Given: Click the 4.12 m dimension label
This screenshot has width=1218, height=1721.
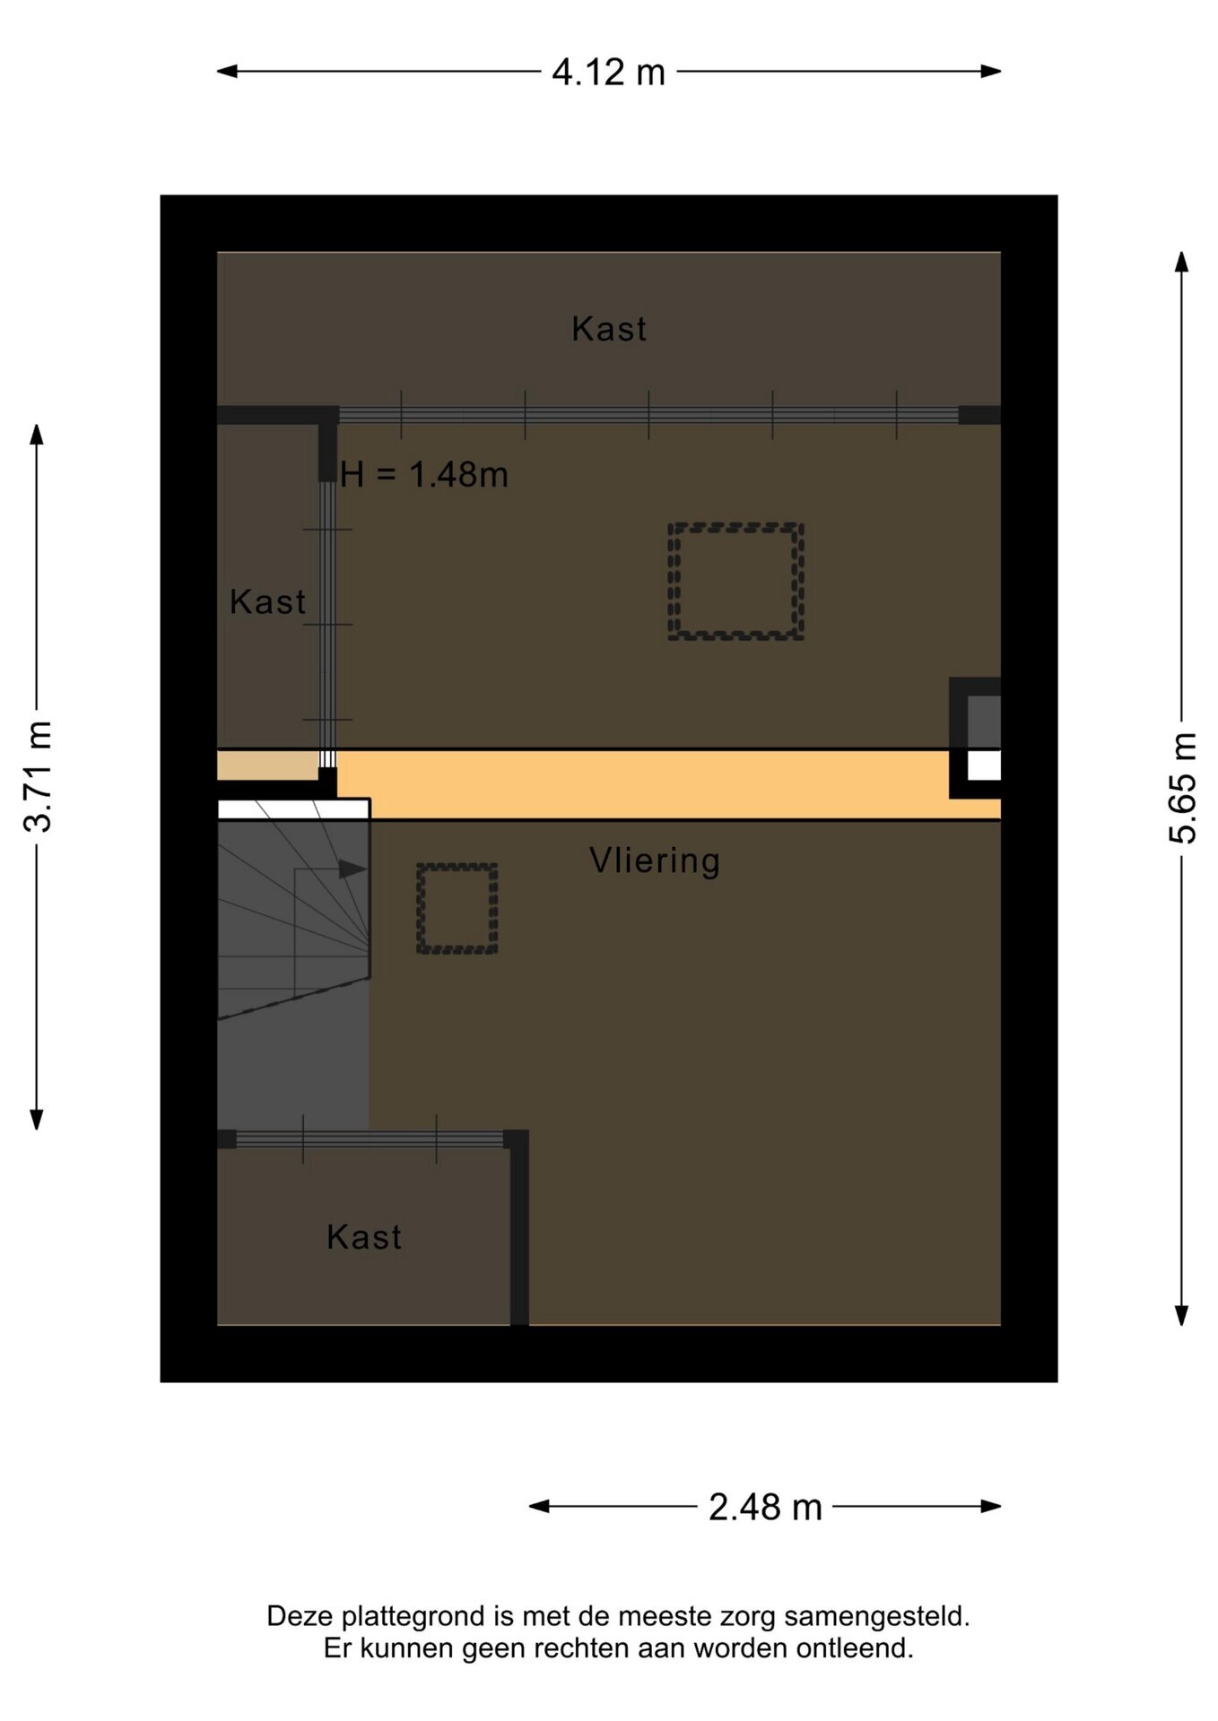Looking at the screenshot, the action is [608, 73].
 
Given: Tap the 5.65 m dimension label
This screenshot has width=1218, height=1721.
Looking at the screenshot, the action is [1182, 788].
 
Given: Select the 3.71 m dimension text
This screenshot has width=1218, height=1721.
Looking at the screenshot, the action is [38, 776].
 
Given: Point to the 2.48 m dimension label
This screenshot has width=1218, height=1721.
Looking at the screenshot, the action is [765, 1507].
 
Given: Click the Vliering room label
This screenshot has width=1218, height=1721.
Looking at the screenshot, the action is [655, 860].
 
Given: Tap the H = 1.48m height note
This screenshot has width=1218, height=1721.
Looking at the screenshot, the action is [424, 474].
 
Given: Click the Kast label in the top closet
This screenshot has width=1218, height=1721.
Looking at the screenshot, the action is [609, 329].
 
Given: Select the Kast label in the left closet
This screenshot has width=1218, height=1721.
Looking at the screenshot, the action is [267, 601].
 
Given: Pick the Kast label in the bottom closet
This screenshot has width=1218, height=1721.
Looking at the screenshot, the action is [364, 1237].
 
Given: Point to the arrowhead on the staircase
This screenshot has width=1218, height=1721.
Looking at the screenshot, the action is [352, 869].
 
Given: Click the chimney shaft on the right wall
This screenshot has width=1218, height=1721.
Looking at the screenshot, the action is [975, 738].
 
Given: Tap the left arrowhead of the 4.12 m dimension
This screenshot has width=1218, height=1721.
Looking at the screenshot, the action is [227, 72].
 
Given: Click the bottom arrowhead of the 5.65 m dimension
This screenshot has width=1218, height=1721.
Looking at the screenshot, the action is [1182, 1315].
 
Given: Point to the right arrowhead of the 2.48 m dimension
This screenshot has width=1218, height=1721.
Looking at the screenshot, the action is [991, 1507].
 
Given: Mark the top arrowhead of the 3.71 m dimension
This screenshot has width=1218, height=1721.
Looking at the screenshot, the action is [37, 435].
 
